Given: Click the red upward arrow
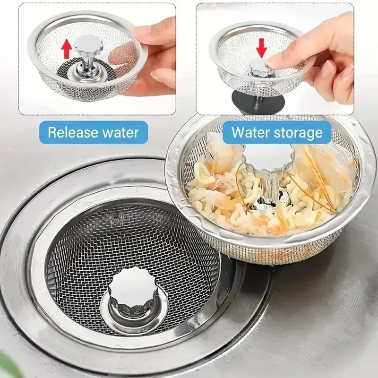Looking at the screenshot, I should (67, 48).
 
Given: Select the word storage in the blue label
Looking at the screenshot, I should (296, 132).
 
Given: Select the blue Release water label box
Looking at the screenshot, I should (94, 132).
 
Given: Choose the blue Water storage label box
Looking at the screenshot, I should (275, 132).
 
